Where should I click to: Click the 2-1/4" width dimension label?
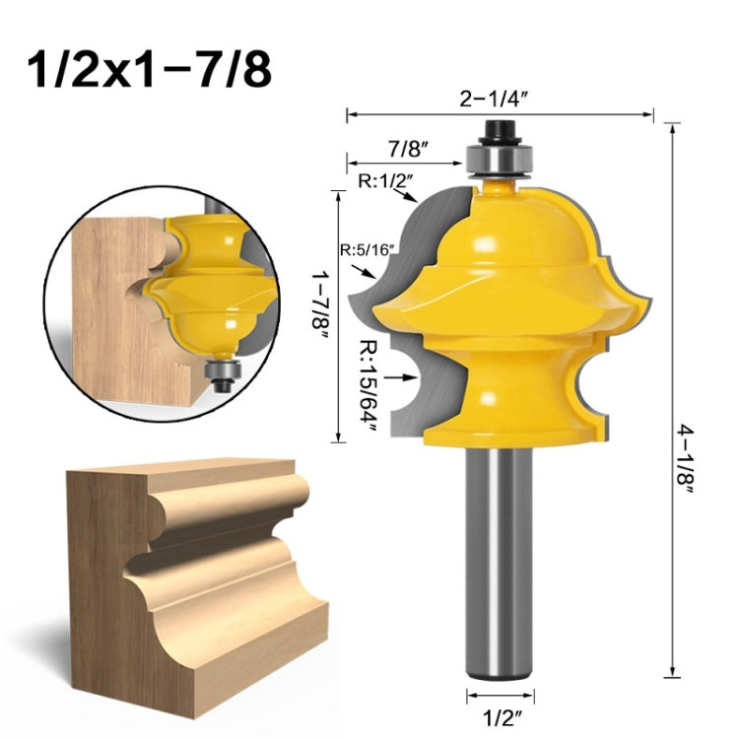tap(500, 99)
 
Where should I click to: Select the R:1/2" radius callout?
tap(385, 180)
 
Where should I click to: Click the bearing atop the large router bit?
tap(501, 157)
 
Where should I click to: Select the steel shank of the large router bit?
tap(500, 571)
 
